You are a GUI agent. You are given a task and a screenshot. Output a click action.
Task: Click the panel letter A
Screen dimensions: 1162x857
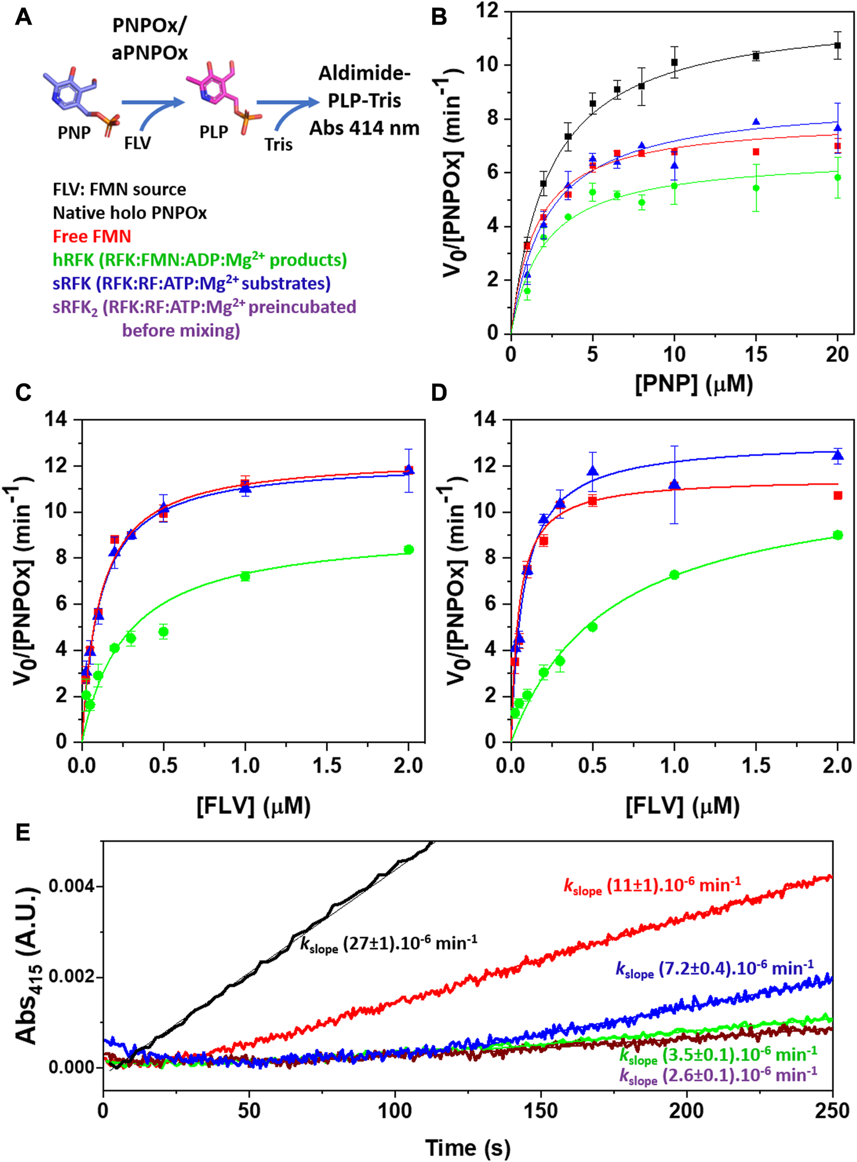(23, 17)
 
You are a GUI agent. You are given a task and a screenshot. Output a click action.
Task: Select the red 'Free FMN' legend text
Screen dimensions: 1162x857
(92, 236)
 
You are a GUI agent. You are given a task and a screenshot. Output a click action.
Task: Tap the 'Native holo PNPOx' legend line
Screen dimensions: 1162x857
(130, 212)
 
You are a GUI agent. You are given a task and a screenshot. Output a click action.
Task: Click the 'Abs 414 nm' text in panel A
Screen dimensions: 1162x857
(364, 128)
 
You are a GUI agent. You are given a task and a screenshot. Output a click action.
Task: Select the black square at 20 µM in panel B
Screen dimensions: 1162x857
(837, 45)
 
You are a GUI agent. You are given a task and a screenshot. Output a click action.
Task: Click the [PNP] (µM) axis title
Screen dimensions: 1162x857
(694, 383)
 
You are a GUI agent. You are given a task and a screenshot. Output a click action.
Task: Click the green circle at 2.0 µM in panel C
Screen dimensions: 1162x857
(408, 550)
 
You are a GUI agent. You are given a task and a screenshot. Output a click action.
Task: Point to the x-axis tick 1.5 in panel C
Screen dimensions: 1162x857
(327, 765)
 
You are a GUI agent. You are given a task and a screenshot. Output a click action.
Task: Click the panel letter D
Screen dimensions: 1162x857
(439, 392)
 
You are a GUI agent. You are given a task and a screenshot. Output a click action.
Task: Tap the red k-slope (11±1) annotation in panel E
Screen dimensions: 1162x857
(652, 886)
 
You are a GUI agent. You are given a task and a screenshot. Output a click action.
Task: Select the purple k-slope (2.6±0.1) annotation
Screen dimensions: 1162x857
(718, 1075)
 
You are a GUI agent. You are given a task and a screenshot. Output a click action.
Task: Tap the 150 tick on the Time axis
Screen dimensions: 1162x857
(540, 1110)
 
